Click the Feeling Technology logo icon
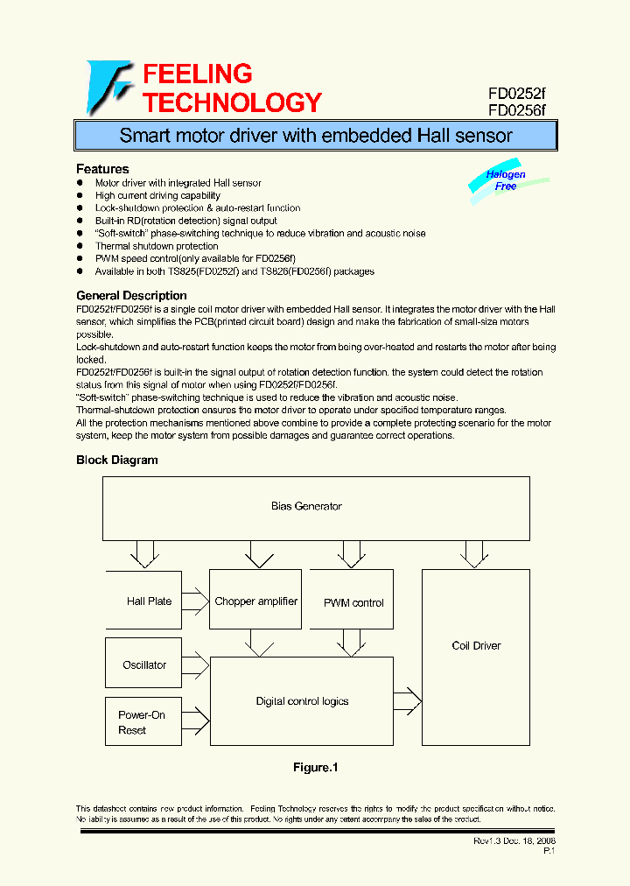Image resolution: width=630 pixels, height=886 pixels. click(x=108, y=87)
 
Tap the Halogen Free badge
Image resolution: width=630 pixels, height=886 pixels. click(x=506, y=180)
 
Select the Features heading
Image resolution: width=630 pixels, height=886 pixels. click(x=102, y=169)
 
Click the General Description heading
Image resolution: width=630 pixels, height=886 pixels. click(x=131, y=296)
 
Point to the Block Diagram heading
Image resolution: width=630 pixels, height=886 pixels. click(x=117, y=460)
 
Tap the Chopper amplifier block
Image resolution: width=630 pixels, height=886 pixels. click(x=255, y=601)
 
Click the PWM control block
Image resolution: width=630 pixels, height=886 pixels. click(x=353, y=601)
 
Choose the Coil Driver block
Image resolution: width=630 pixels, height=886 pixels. click(x=476, y=646)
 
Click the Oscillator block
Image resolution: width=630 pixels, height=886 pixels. click(x=144, y=664)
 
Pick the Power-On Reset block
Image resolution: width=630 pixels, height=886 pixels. click(x=142, y=722)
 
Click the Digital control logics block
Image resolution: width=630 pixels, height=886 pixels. click(x=302, y=701)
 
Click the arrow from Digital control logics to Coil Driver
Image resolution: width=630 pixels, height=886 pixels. click(x=408, y=700)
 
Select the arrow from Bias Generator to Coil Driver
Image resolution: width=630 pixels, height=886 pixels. click(x=475, y=553)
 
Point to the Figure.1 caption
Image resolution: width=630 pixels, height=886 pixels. click(x=315, y=768)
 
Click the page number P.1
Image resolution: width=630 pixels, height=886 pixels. click(x=549, y=851)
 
